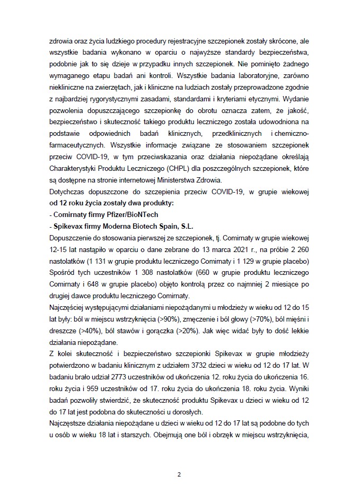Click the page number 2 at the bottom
click(x=180, y=474)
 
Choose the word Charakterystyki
click(x=74, y=170)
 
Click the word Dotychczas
click(x=67, y=192)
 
